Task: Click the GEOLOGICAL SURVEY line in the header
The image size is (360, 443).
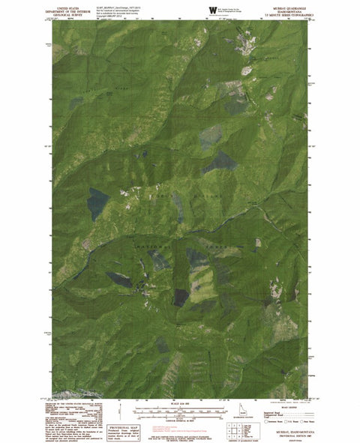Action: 70,13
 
